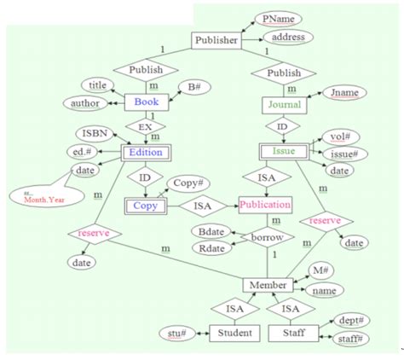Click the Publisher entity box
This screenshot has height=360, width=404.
coord(216,40)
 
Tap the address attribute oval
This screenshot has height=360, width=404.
coord(289,38)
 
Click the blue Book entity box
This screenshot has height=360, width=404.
coord(142,102)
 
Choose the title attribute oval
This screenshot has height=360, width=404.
coord(99,84)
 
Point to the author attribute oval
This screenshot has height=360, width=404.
coord(84,103)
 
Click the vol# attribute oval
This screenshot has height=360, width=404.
coord(333,136)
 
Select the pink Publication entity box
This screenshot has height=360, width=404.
coord(265,206)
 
